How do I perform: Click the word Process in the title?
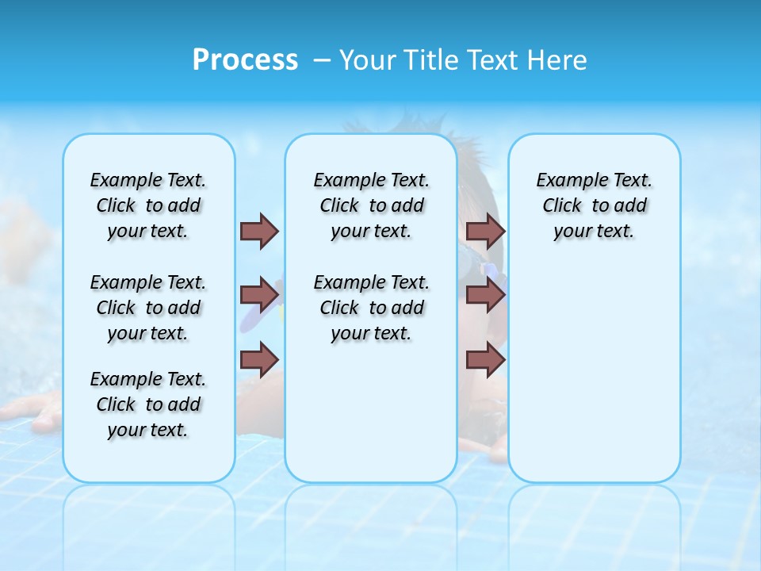(245, 59)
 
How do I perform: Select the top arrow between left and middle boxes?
(259, 231)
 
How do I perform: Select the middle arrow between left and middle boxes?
(259, 295)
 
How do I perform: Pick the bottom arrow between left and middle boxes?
(259, 359)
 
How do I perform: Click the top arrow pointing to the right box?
(485, 231)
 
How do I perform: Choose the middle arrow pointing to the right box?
(485, 295)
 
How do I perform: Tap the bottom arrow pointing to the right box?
(485, 359)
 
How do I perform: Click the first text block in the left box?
(148, 205)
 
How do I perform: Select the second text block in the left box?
(148, 308)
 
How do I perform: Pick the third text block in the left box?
(148, 404)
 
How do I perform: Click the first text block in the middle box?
(371, 205)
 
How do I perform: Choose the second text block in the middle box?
(371, 308)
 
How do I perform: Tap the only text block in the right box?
(594, 205)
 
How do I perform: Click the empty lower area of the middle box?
(371, 412)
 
